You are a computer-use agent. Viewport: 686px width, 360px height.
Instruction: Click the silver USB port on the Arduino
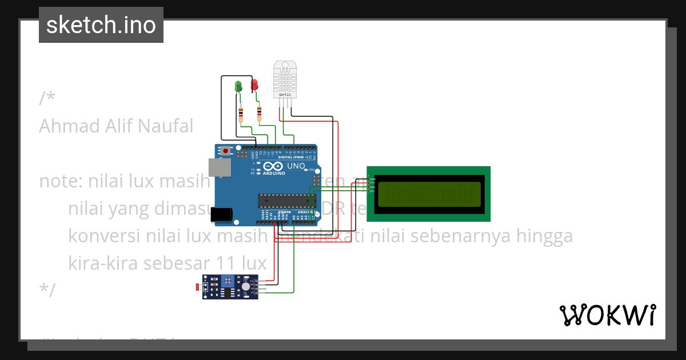220,167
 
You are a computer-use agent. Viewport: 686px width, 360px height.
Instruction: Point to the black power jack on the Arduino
221,214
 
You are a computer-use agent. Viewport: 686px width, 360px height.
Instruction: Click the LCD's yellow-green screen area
429,194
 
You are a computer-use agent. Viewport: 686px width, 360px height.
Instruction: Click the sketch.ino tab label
101,25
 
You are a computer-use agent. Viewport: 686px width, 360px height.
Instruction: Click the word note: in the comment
60,181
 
